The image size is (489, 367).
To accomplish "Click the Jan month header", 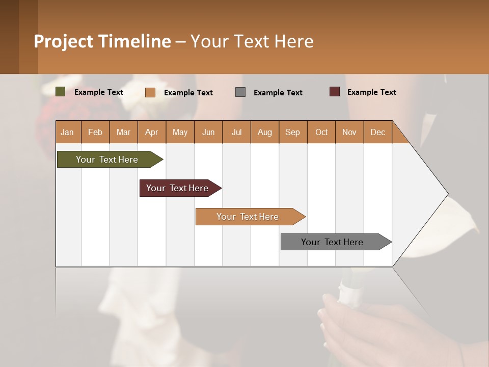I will click(x=67, y=132).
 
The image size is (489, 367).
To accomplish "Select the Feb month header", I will click(x=95, y=132).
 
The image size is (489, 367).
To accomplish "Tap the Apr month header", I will click(x=151, y=132).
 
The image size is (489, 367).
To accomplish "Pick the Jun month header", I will click(x=208, y=132).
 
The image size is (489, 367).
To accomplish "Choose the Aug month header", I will click(x=264, y=132).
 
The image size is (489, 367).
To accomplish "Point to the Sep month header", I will click(x=292, y=132).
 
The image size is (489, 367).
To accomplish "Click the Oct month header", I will click(x=321, y=132).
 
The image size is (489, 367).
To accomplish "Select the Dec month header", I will click(x=377, y=132).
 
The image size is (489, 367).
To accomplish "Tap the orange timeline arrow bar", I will click(x=248, y=217).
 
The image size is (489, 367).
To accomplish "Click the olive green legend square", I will click(x=61, y=92).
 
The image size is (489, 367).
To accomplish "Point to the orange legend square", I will click(x=150, y=92).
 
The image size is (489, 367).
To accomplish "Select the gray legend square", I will click(x=240, y=92).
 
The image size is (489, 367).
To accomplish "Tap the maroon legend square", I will click(x=335, y=92).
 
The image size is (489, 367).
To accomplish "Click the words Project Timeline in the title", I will click(x=102, y=41).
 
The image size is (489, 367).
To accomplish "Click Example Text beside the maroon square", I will click(x=371, y=92).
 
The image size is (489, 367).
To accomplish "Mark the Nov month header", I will click(x=349, y=132).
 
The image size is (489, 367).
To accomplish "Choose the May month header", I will click(x=180, y=132).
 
